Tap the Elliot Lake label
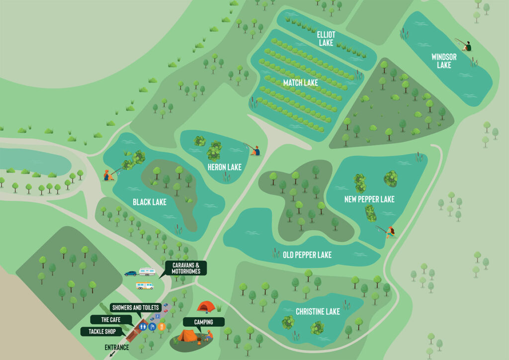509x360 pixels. pos(326,39)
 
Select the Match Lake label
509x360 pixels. pos(300,83)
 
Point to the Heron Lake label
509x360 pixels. pos(225,167)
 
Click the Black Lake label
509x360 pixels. pos(150,202)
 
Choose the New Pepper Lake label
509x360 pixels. pos(369,199)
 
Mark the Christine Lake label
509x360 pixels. pos(318,311)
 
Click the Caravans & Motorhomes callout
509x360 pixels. pos(186,268)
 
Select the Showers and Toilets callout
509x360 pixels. pos(135,307)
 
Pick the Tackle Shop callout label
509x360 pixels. pos(102,331)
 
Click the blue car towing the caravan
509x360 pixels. pos(130,273)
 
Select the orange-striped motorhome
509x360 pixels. pos(145,286)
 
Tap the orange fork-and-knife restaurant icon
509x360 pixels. pos(162,327)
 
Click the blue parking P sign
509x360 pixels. pos(153,327)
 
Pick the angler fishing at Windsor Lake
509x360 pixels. pos(466,46)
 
